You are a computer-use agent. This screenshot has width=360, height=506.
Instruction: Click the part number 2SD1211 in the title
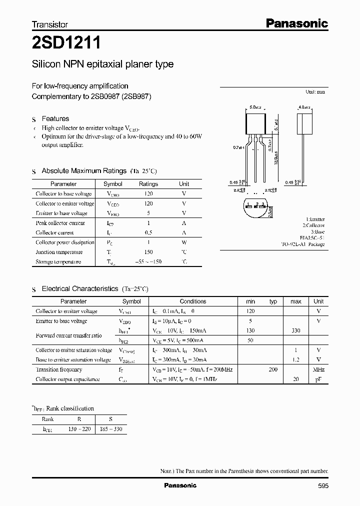pyautogui.click(x=66, y=43)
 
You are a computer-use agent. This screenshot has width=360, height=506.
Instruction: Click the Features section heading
pyautogui.click(x=55, y=118)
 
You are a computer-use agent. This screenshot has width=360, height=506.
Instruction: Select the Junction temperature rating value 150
pyautogui.click(x=148, y=252)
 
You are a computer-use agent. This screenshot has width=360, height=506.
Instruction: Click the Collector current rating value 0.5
pyautogui.click(x=148, y=232)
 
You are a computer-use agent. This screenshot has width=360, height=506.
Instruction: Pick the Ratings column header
pyautogui.click(x=148, y=184)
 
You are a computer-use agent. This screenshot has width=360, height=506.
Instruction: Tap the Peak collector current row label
pyautogui.click(x=60, y=223)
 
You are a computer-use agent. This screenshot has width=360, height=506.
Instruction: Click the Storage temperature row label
pyautogui.click(x=58, y=262)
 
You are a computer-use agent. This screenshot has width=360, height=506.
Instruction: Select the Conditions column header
pyautogui.click(x=193, y=301)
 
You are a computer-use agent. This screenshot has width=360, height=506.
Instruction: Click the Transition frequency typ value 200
pyautogui.click(x=273, y=369)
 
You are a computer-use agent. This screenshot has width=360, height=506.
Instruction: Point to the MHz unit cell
pyautogui.click(x=318, y=369)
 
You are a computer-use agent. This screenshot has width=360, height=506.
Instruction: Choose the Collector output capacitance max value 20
pyautogui.click(x=296, y=379)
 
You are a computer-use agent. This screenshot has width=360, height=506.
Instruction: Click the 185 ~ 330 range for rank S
pyautogui.click(x=111, y=429)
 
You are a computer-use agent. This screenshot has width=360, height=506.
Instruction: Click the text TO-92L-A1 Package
pyautogui.click(x=303, y=244)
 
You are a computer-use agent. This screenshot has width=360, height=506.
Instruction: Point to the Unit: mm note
pyautogui.click(x=315, y=92)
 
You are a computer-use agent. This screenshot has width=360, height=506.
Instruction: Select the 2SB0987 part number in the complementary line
pyautogui.click(x=109, y=96)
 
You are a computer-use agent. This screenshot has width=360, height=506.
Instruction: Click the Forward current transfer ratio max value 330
pyautogui.click(x=296, y=330)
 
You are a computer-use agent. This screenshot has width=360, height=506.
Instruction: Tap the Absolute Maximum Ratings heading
pyautogui.click(x=84, y=171)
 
